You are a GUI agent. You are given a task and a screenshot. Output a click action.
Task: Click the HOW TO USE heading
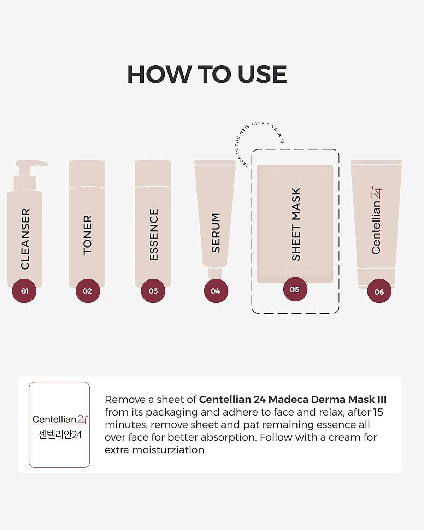pyautogui.click(x=207, y=75)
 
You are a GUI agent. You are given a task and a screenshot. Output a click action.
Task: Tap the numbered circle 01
pyautogui.click(x=24, y=291)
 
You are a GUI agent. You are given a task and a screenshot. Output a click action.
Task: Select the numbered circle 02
pyautogui.click(x=88, y=291)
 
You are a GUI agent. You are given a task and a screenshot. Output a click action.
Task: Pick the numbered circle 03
pyautogui.click(x=153, y=291)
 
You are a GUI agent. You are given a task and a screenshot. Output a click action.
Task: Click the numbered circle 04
pyautogui.click(x=216, y=291)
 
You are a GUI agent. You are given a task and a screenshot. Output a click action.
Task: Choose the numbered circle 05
pyautogui.click(x=295, y=289)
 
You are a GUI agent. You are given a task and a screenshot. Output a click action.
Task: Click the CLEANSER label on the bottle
pyautogui.click(x=25, y=239)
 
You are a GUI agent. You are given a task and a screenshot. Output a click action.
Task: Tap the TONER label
pyautogui.click(x=88, y=235)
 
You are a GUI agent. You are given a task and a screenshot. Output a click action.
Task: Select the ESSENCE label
pyautogui.click(x=154, y=235)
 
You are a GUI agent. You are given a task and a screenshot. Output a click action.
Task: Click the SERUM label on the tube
pyautogui.click(x=216, y=233)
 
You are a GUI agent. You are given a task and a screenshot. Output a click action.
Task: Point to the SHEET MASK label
pyautogui.click(x=296, y=224)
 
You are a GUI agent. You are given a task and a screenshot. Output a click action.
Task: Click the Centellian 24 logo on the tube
pyautogui.click(x=377, y=220)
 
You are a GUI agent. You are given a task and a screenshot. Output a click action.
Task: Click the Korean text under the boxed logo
pyautogui.click(x=60, y=435)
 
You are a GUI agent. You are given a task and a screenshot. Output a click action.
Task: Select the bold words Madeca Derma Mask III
pyautogui.click(x=328, y=400)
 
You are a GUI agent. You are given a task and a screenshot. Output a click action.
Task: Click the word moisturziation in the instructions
pyautogui.click(x=168, y=450)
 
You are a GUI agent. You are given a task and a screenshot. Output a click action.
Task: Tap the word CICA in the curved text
pyautogui.click(x=258, y=123)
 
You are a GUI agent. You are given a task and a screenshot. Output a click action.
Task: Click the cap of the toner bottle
pyautogui.click(x=87, y=173)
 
